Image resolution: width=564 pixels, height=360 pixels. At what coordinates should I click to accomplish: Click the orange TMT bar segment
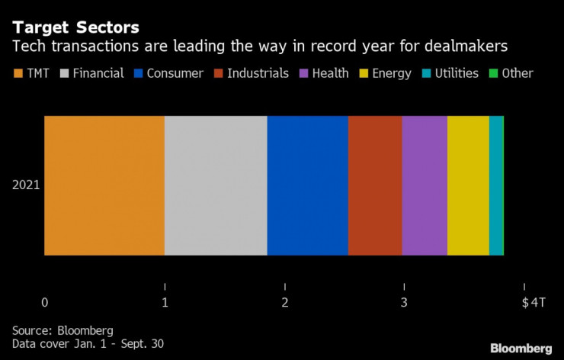pyautogui.click(x=104, y=185)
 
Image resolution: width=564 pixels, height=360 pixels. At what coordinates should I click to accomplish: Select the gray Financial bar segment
pyautogui.click(x=216, y=185)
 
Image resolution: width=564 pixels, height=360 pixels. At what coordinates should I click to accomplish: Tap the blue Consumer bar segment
pyautogui.click(x=307, y=185)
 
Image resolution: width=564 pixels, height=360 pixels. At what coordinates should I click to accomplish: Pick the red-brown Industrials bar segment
pyautogui.click(x=375, y=185)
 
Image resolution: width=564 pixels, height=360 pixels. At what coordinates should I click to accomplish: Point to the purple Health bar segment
pyautogui.click(x=425, y=185)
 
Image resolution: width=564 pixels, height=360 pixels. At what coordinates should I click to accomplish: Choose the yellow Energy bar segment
pyautogui.click(x=468, y=185)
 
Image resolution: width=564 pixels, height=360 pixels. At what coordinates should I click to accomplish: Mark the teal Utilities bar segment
pyautogui.click(x=496, y=185)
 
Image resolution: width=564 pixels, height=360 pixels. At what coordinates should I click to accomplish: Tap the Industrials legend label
pyautogui.click(x=257, y=74)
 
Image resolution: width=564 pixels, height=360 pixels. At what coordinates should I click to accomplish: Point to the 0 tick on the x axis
pyautogui.click(x=45, y=303)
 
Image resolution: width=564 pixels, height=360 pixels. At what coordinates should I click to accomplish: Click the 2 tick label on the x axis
pyautogui.click(x=285, y=303)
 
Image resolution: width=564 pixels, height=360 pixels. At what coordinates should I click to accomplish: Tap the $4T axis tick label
pyautogui.click(x=533, y=303)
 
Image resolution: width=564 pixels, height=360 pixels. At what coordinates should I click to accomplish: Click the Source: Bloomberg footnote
pyautogui.click(x=62, y=330)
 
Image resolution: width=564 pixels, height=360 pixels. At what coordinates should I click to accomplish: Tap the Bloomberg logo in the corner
pyautogui.click(x=520, y=348)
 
